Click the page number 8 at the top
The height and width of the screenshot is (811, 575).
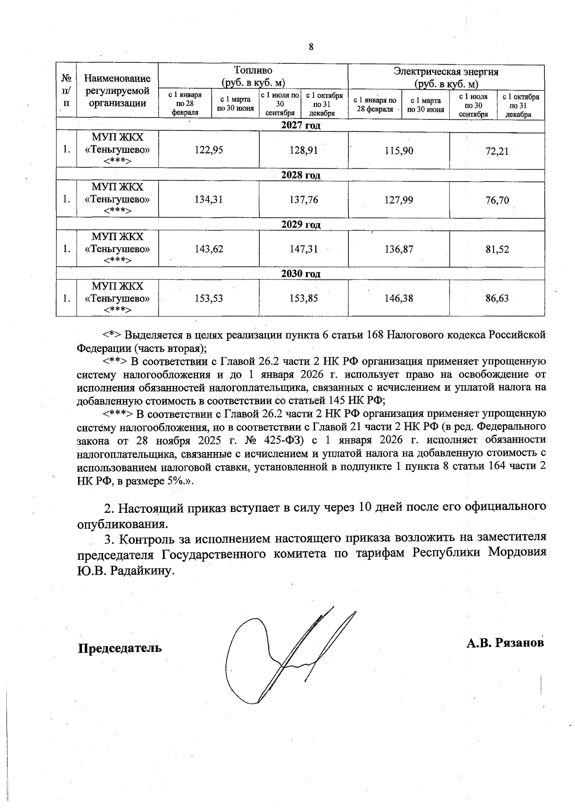311,47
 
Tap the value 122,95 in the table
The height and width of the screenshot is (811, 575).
208,151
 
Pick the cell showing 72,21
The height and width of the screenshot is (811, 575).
497,151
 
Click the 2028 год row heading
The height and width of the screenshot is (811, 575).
300,175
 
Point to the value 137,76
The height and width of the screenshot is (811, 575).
303,200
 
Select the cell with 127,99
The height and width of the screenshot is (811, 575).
399,200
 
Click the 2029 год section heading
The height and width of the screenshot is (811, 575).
300,224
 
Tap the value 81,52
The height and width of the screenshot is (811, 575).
497,249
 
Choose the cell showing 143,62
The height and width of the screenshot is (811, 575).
208,249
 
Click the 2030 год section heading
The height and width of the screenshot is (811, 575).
300,274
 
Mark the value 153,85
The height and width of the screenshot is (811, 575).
303,299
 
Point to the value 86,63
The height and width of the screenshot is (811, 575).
497,299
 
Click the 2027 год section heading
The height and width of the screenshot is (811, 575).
300,126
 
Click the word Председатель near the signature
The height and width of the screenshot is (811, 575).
120,649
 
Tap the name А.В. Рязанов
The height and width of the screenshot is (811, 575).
505,642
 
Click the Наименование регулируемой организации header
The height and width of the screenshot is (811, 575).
117,91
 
